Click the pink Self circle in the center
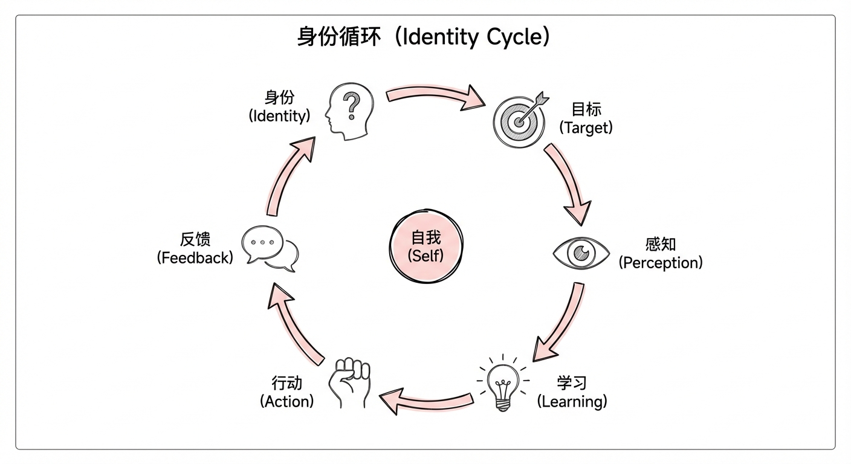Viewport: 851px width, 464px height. [x=425, y=247]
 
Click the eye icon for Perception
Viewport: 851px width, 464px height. [x=581, y=253]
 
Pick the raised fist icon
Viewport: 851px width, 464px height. [x=350, y=383]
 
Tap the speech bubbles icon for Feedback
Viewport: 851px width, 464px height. [x=270, y=248]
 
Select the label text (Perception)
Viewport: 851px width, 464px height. [x=661, y=263]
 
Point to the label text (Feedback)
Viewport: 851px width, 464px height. [x=195, y=258]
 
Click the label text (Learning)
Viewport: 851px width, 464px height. [x=572, y=401]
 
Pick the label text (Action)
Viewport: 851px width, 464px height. [x=286, y=401]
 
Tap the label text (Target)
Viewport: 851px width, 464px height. [x=586, y=127]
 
